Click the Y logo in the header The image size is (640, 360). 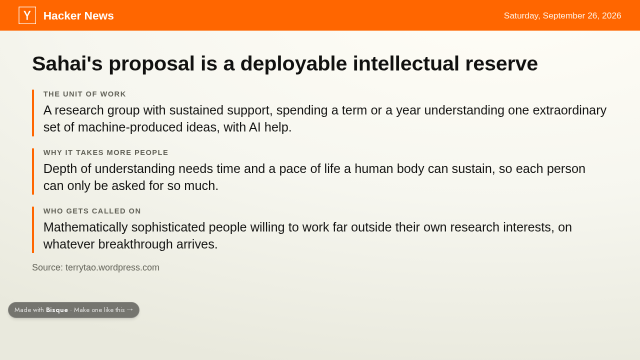(27, 15)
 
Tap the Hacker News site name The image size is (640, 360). (78, 15)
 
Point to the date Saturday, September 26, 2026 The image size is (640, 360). (562, 15)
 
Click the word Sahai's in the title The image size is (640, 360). (67, 63)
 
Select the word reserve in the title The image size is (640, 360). (501, 63)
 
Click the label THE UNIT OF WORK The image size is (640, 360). (84, 94)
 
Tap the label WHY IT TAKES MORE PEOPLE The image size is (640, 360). (105, 152)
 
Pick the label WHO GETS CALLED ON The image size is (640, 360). (92, 211)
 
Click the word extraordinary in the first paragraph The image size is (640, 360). (569, 110)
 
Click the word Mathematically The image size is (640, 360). (85, 227)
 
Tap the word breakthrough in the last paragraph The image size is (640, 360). (135, 244)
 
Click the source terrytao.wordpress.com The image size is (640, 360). (112, 267)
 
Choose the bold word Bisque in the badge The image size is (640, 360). (57, 310)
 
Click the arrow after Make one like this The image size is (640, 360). (130, 309)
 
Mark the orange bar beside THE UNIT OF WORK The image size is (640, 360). (33, 113)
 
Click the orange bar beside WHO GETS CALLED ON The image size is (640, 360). (33, 229)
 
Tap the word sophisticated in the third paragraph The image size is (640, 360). (168, 227)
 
